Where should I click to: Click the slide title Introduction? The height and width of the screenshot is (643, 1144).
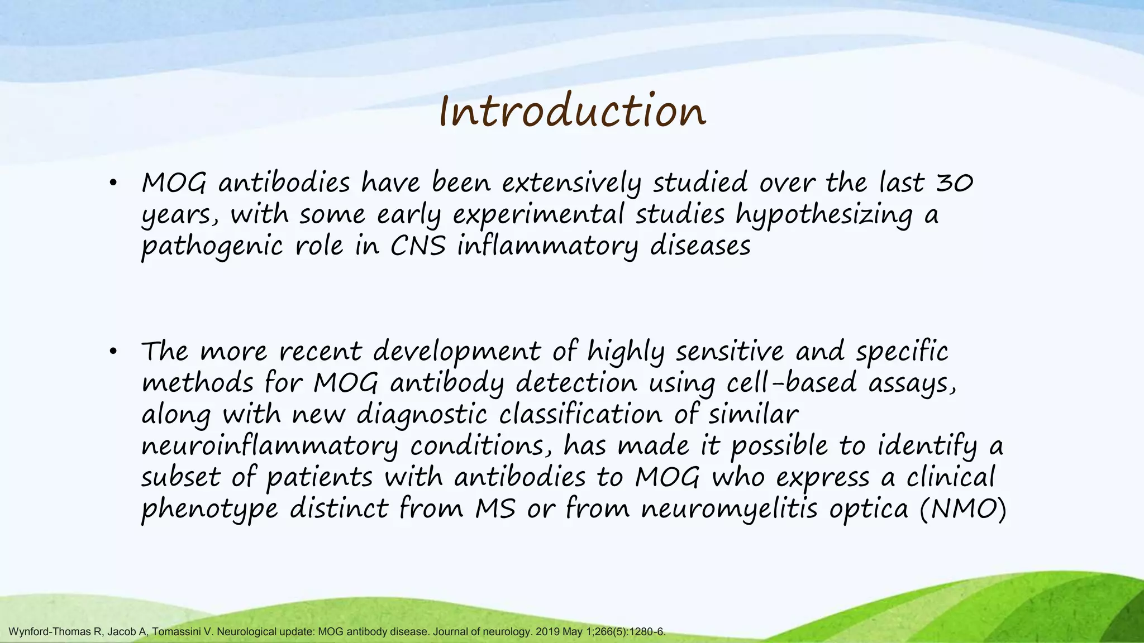point(572,112)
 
